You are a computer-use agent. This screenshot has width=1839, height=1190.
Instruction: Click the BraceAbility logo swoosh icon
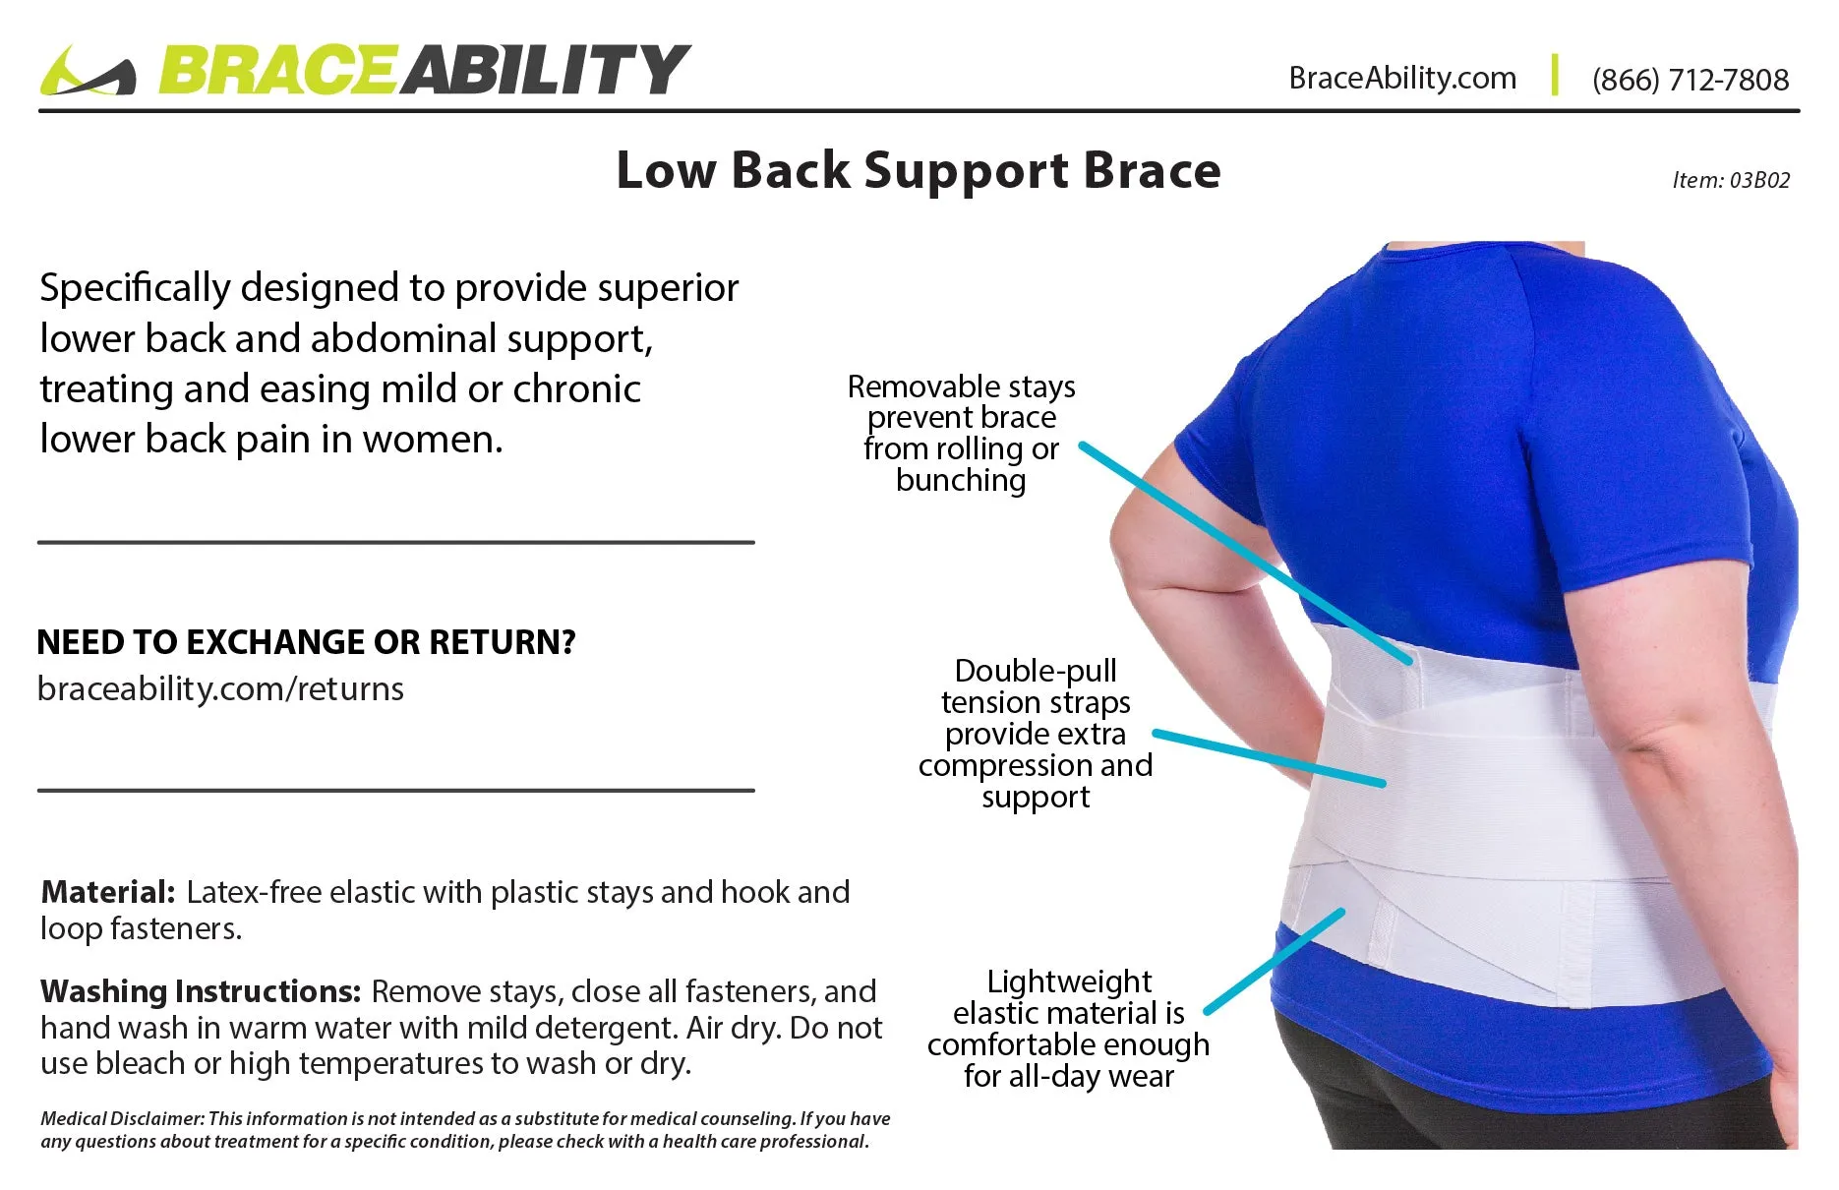88,71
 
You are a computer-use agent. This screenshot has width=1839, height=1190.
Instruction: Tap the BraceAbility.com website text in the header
1402,78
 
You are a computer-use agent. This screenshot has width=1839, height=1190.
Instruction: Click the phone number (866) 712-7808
1691,80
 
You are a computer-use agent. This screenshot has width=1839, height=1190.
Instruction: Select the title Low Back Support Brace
919,171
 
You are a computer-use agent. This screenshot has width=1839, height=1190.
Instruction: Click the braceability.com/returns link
220,688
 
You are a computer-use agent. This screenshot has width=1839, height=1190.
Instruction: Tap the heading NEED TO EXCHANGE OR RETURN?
306,642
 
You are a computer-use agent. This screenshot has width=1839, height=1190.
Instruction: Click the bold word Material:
108,892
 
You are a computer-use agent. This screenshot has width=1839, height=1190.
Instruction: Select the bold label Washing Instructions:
201,991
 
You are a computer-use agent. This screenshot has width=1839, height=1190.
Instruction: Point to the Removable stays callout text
961,433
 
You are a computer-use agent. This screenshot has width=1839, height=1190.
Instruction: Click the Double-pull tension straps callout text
1036,734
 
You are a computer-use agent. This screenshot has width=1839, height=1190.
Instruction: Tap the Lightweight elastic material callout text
1069,1029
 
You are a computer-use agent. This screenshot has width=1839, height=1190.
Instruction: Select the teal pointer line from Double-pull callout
1269,758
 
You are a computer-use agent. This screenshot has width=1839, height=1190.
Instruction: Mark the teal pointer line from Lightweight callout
1275,961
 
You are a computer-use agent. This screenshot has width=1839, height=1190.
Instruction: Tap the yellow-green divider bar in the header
1555,75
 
